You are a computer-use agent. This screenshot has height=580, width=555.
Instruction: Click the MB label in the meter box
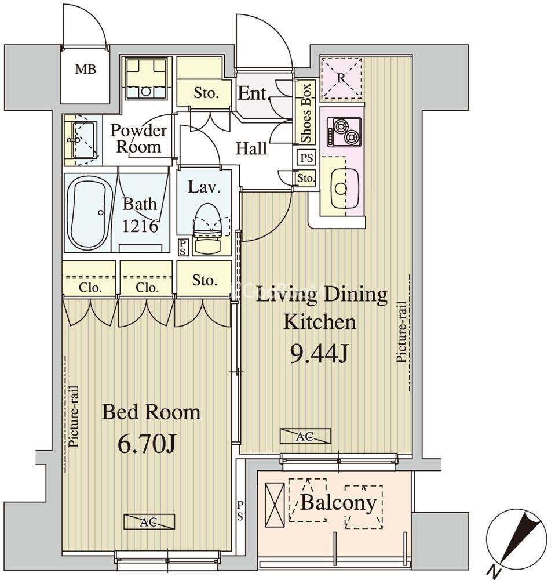pyautogui.click(x=86, y=69)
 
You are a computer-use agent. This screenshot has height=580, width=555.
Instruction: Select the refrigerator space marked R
pyautogui.click(x=341, y=78)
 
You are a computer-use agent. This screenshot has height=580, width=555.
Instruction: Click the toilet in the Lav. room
pyautogui.click(x=207, y=229)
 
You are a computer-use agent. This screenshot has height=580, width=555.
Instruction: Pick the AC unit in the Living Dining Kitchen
pyautogui.click(x=305, y=437)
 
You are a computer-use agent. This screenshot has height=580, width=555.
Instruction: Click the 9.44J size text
pyautogui.click(x=319, y=355)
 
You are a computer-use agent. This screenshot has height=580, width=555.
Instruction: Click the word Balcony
pyautogui.click(x=338, y=503)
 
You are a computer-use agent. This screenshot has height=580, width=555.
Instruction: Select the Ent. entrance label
pyautogui.click(x=253, y=93)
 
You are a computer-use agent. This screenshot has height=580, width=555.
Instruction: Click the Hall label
pyautogui.click(x=251, y=148)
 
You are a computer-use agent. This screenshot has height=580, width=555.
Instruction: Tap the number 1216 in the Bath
pyautogui.click(x=140, y=226)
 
